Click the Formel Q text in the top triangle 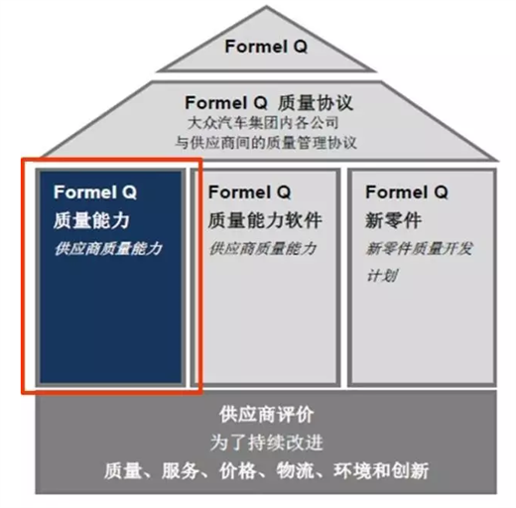tap(266, 47)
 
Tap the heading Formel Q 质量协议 tap(269, 103)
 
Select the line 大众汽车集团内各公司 tap(263, 123)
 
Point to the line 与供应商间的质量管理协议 tap(266, 143)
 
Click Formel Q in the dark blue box tap(95, 192)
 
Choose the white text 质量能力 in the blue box tap(91, 220)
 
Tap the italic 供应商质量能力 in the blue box tap(108, 249)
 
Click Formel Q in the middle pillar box tap(250, 192)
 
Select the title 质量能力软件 tap(265, 220)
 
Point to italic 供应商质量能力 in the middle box tap(263, 249)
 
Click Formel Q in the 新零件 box tap(407, 192)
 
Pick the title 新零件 tap(393, 220)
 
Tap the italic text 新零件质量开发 tap(419, 249)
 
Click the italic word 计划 tap(382, 276)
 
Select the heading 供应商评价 tap(266, 414)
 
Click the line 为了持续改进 tap(266, 443)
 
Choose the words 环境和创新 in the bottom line tap(381, 470)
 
